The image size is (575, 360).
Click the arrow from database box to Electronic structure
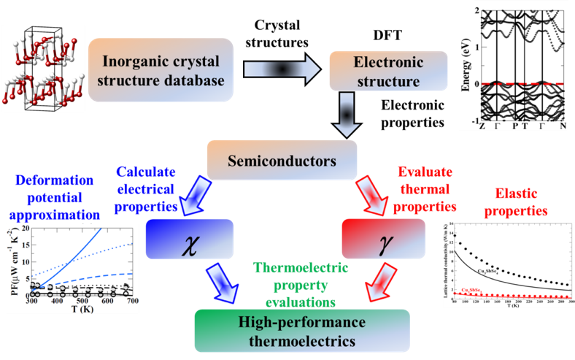(x=281, y=71)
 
